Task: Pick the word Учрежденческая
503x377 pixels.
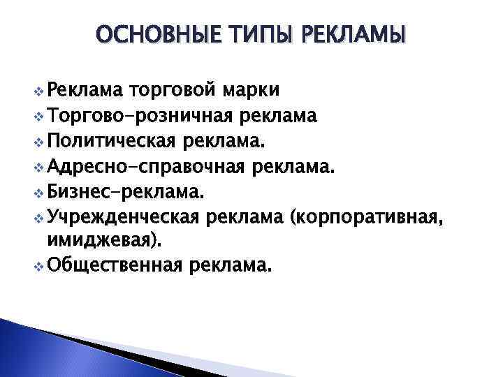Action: click(x=123, y=217)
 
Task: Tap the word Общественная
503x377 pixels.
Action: click(x=115, y=265)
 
